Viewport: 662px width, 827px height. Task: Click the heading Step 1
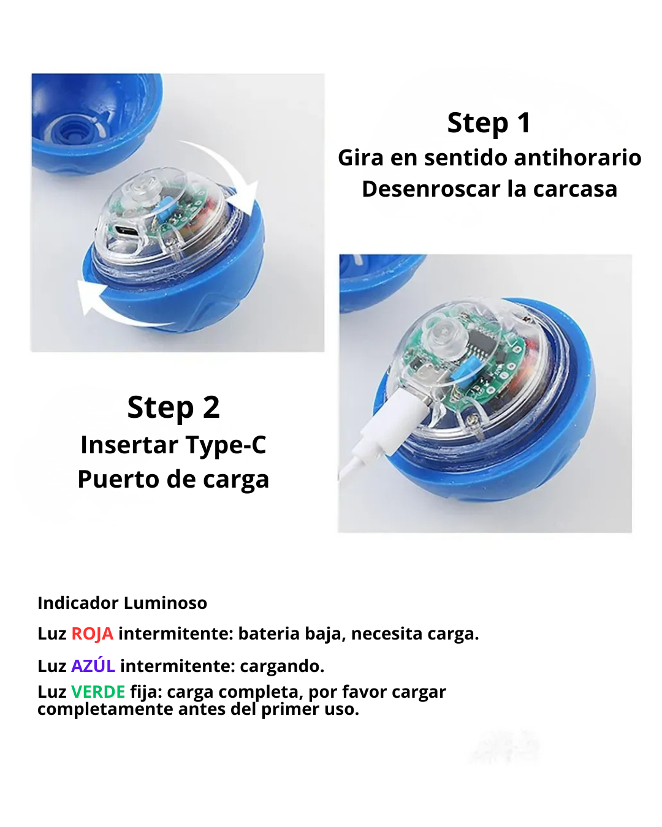pos(489,123)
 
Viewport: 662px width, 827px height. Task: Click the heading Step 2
pos(173,408)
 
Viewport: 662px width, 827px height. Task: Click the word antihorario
pos(577,157)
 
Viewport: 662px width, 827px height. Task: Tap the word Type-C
pos(226,445)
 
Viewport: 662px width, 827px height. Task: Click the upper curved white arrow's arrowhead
pos(247,197)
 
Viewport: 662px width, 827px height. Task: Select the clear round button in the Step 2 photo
pos(446,334)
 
